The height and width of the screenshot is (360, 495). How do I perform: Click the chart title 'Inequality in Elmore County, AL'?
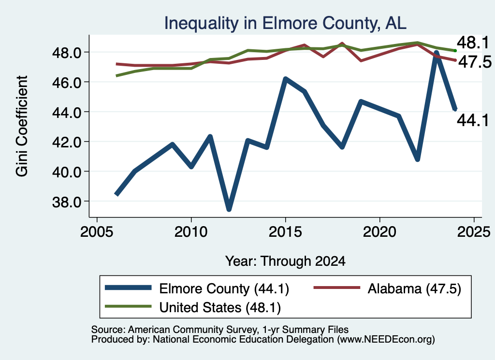click(285, 23)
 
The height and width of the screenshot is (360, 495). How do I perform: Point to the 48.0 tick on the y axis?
click(67, 53)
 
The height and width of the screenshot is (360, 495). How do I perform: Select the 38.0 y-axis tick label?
click(67, 202)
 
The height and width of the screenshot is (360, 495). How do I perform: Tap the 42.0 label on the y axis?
click(67, 142)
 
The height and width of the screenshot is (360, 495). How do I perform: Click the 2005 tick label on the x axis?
click(97, 232)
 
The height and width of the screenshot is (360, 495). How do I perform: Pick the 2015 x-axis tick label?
click(285, 232)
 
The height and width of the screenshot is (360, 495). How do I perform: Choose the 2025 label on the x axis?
click(474, 232)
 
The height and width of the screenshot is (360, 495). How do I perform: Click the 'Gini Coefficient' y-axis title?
click(22, 126)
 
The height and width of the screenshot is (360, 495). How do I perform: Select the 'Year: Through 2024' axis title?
click(285, 261)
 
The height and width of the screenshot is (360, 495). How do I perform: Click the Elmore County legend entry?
click(197, 288)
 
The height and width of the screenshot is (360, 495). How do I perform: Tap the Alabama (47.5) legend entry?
click(387, 288)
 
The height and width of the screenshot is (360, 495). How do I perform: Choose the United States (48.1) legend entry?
click(193, 307)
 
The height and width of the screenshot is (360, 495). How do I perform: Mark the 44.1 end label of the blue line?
click(473, 120)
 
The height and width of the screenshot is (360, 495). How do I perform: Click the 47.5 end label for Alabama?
click(475, 62)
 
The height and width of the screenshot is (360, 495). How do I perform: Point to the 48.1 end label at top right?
click(473, 42)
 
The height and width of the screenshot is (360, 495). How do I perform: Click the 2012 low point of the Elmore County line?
click(229, 209)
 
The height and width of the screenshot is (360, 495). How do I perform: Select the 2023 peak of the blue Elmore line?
click(437, 53)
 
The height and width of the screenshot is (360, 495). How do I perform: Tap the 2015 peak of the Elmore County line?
click(285, 79)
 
